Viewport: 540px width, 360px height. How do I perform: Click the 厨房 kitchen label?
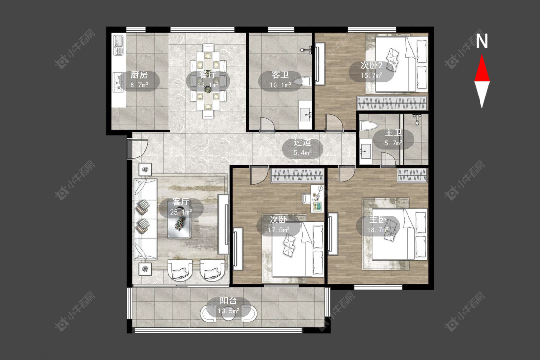point(139,75)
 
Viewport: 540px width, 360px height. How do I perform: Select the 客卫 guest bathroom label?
point(280,75)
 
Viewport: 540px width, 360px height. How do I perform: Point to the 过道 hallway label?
point(302,142)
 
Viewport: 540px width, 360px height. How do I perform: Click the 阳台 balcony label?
point(228,301)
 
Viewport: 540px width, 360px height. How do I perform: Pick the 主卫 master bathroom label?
point(393,133)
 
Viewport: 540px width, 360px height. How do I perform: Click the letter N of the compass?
point(482,41)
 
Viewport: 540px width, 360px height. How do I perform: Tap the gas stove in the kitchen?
point(119,83)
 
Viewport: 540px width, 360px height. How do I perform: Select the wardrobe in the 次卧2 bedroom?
point(392,103)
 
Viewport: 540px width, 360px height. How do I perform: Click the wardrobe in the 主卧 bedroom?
point(413,176)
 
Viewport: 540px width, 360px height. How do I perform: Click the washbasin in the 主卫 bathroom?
point(365,151)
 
